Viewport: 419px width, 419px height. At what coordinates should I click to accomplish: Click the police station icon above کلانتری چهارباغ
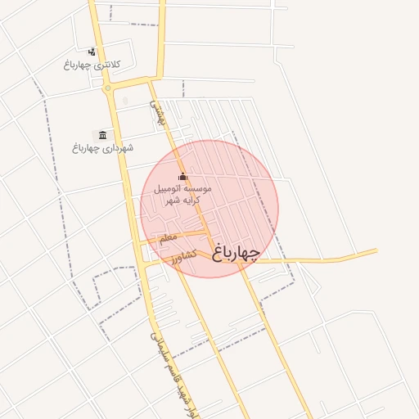click(91, 52)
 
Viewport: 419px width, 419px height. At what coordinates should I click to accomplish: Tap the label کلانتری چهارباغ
click(91, 64)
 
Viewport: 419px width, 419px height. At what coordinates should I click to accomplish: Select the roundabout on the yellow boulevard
click(108, 87)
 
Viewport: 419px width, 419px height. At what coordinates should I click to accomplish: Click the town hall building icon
click(102, 135)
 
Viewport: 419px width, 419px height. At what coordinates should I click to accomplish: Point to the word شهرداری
click(117, 148)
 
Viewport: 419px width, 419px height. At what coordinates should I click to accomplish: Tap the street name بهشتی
click(156, 112)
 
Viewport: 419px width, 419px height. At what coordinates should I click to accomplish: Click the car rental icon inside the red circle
click(182, 177)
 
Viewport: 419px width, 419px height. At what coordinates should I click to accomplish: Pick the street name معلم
click(167, 237)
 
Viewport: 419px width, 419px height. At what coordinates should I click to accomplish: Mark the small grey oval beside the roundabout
click(124, 101)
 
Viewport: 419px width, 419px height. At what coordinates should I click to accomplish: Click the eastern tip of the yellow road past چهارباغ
click(376, 250)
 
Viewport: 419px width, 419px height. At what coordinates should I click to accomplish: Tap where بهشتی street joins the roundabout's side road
click(150, 81)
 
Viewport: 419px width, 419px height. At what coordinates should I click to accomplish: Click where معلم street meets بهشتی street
click(205, 233)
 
